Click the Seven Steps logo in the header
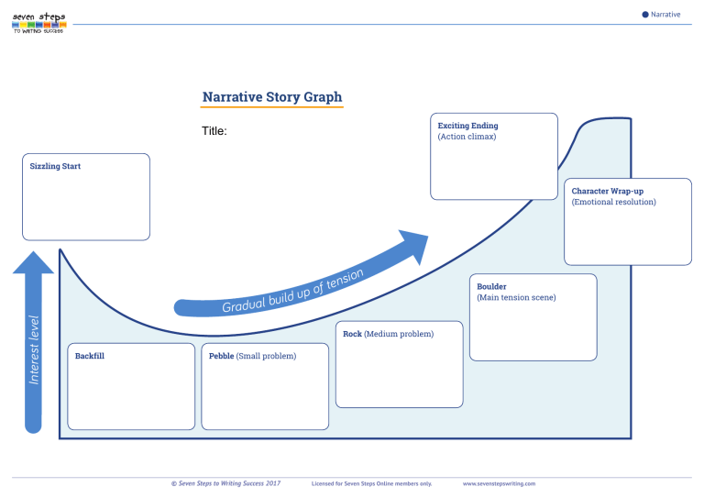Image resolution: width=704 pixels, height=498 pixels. click(x=38, y=22)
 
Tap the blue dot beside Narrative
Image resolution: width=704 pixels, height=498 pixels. click(x=645, y=14)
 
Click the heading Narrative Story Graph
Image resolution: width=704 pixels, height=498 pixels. click(x=272, y=97)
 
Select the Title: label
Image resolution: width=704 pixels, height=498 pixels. click(x=214, y=131)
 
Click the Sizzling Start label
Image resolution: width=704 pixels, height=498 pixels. click(x=55, y=167)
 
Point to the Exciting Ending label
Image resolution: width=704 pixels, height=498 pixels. click(x=467, y=126)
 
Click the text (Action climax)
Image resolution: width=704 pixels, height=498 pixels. click(x=467, y=137)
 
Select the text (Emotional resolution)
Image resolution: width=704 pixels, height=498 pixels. click(x=613, y=202)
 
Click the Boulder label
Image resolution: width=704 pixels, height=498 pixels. click(x=491, y=286)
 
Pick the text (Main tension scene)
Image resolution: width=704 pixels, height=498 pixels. click(x=516, y=297)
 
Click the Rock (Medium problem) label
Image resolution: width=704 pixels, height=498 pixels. click(x=388, y=334)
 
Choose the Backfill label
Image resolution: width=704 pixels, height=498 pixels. click(x=89, y=355)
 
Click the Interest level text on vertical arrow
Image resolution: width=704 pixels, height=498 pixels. click(x=34, y=349)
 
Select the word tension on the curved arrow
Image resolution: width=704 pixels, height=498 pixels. click(x=345, y=279)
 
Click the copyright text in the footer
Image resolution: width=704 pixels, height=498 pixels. click(x=225, y=482)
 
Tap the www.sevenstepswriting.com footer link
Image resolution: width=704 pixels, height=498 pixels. click(x=499, y=482)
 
